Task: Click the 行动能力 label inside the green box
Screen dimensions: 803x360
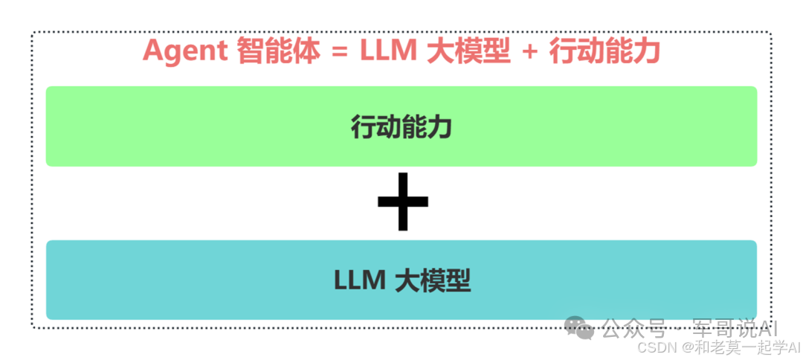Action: point(401,128)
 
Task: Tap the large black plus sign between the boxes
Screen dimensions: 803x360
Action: point(402,202)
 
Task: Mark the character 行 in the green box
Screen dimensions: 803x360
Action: point(364,128)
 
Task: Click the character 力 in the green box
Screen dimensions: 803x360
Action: point(440,128)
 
